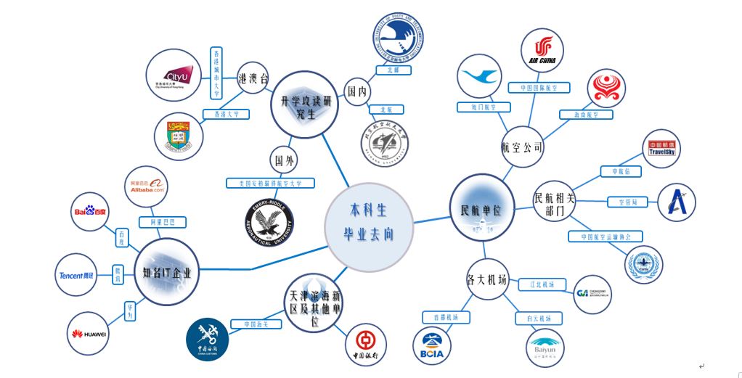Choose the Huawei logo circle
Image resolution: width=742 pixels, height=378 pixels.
[89, 334]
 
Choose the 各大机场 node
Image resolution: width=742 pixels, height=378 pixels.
[486, 281]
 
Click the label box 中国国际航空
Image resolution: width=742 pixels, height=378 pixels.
[538, 88]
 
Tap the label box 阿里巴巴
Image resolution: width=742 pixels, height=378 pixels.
[163, 222]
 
